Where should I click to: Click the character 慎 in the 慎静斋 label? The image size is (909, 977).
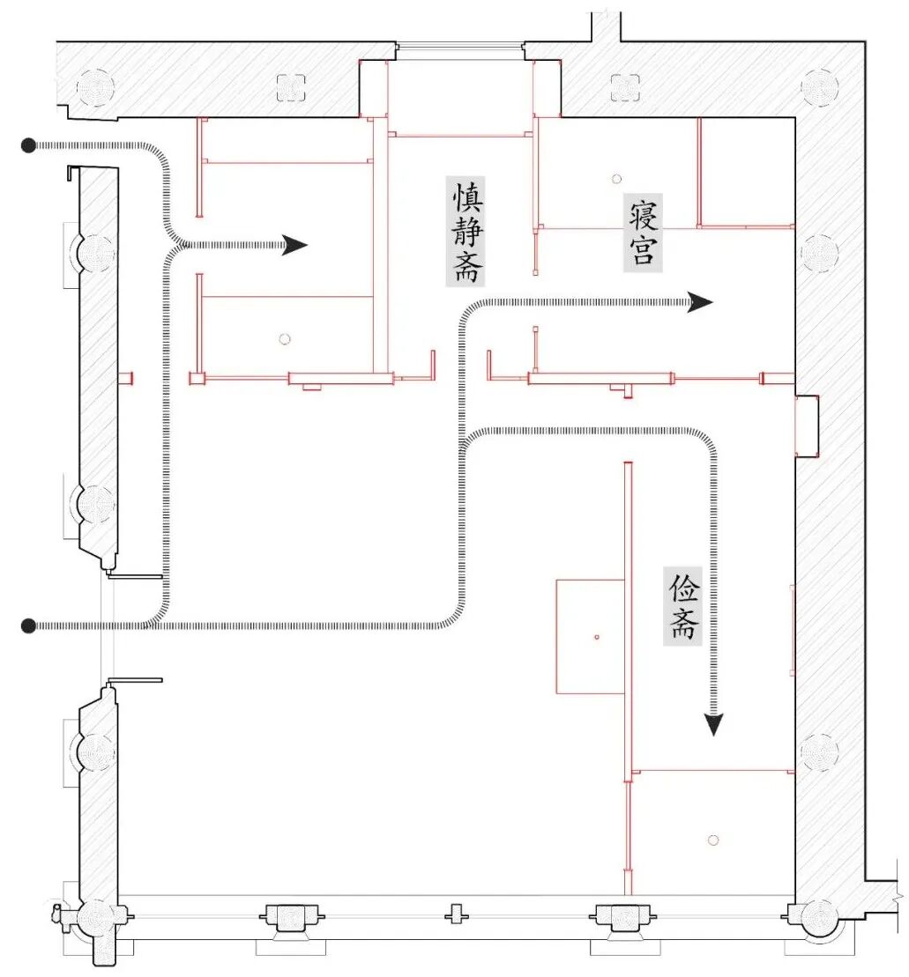click(466, 194)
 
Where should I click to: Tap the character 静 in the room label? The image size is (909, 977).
click(466, 229)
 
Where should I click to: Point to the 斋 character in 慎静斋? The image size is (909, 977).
click(466, 266)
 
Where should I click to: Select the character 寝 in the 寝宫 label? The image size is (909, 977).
click(642, 213)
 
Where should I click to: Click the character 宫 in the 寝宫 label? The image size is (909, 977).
click(642, 250)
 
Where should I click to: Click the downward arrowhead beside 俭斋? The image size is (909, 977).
click(714, 724)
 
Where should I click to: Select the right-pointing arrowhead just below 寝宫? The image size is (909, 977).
click(700, 303)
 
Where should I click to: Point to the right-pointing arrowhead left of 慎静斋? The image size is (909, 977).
click(294, 245)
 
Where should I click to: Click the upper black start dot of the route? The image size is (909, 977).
click(29, 144)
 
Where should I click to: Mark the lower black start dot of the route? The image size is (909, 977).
click(29, 625)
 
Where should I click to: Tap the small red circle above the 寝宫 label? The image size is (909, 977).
click(616, 179)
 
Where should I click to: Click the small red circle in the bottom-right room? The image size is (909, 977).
click(713, 840)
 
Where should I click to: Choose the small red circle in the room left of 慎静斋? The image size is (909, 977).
click(284, 339)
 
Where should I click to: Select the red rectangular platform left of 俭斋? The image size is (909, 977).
click(590, 636)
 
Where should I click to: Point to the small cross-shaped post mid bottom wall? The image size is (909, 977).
click(455, 914)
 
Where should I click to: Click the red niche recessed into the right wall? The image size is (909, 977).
click(807, 426)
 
